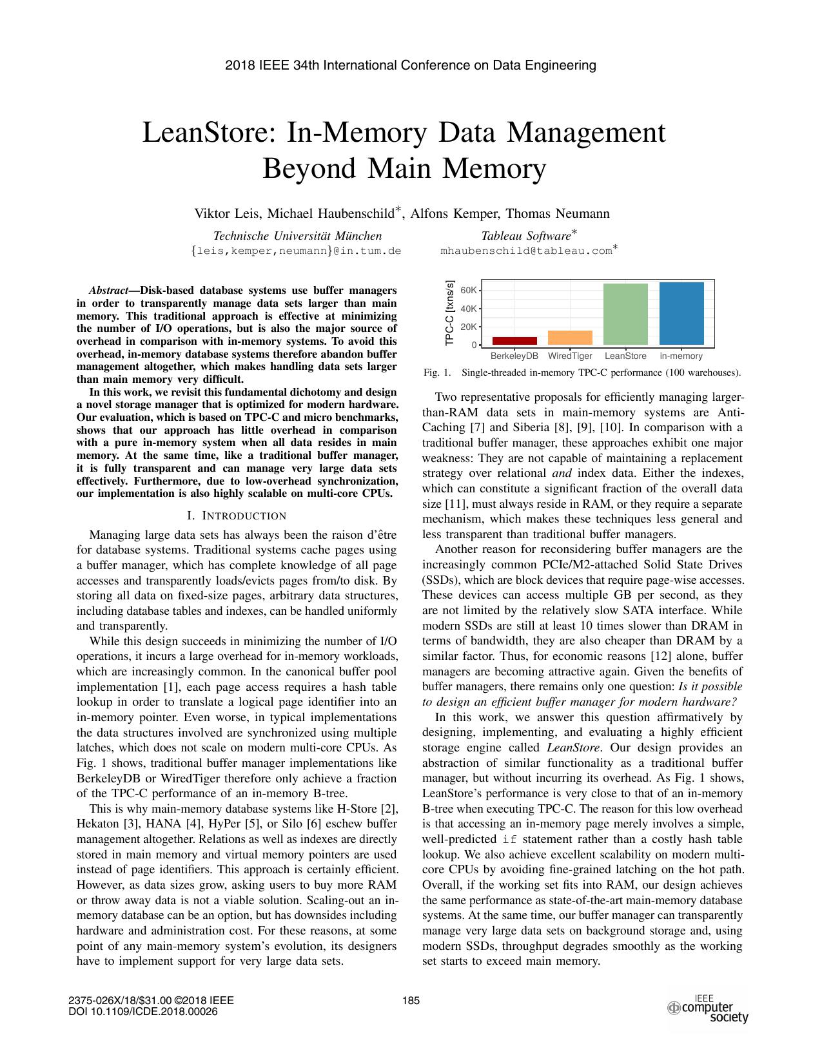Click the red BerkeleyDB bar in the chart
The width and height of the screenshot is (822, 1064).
pyautogui.click(x=514, y=340)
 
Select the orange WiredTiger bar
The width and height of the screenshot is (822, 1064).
pyautogui.click(x=570, y=337)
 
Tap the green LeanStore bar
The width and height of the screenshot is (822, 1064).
pyautogui.click(x=625, y=314)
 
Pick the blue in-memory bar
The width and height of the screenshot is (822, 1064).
pyautogui.click(x=681, y=313)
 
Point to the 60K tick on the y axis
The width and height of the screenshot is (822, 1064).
pyautogui.click(x=469, y=290)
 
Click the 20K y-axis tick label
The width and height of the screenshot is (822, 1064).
pyautogui.click(x=469, y=327)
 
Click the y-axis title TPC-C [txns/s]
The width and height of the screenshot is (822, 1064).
pyautogui.click(x=450, y=313)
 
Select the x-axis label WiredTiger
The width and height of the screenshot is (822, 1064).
pyautogui.click(x=570, y=356)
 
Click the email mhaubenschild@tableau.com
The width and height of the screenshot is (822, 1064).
pyautogui.click(x=525, y=251)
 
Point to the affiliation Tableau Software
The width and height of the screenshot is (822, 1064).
pyautogui.click(x=526, y=236)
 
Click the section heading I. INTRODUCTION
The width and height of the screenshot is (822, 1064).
pyautogui.click(x=236, y=516)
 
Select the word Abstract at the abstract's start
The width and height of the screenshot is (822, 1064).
pyautogui.click(x=108, y=291)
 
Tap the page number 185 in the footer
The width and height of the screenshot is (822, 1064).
pyautogui.click(x=411, y=1001)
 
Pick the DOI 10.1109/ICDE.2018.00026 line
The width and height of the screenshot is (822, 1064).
pyautogui.click(x=142, y=1011)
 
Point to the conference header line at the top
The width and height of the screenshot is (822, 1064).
pyautogui.click(x=411, y=65)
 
